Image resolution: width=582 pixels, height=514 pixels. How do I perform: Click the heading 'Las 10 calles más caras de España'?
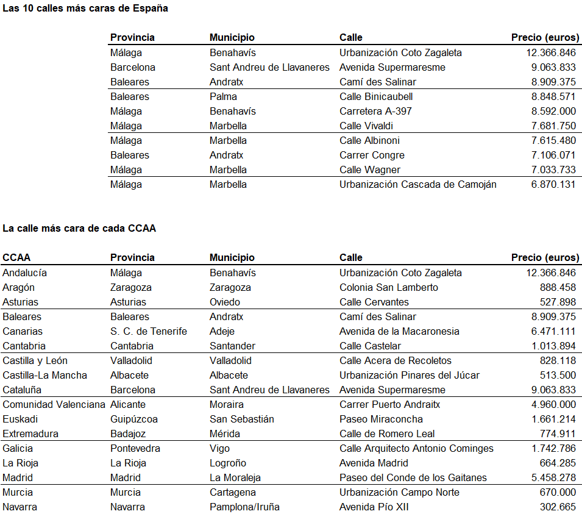(85, 9)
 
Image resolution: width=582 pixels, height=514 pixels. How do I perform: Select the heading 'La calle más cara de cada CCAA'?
(79, 229)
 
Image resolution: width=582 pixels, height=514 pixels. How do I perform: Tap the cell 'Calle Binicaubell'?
(376, 96)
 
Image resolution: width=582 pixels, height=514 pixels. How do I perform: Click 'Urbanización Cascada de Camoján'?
(417, 184)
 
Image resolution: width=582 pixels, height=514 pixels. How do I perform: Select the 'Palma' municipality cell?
(223, 96)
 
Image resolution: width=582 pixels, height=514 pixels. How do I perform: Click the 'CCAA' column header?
(16, 257)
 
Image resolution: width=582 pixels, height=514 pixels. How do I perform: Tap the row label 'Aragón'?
(18, 287)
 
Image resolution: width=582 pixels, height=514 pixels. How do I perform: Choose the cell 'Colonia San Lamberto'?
(388, 287)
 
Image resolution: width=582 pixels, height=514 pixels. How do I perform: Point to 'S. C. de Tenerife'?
(148, 331)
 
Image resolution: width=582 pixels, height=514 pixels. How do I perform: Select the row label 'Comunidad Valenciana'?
(54, 404)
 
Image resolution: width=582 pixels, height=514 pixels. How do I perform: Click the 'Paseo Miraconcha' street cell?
(381, 419)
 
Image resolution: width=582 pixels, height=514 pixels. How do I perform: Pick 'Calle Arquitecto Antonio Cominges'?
(416, 448)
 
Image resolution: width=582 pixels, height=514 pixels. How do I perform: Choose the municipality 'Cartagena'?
(232, 492)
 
